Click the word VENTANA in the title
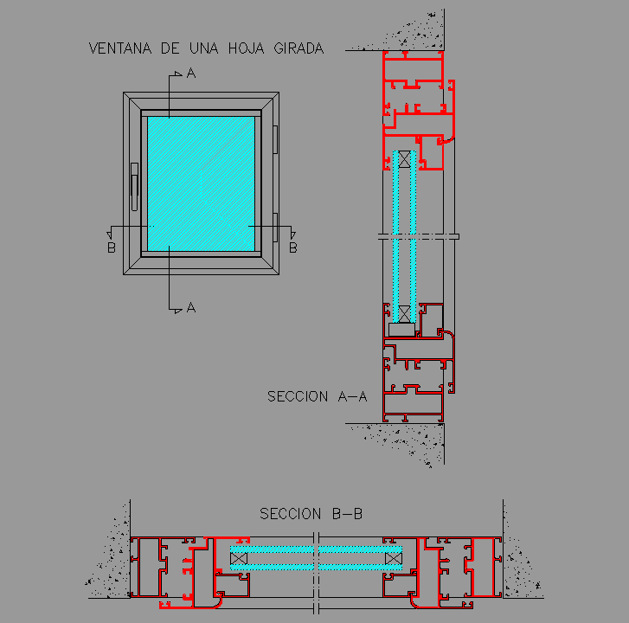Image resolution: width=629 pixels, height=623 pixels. point(120,48)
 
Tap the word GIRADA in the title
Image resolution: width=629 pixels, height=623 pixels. point(298,48)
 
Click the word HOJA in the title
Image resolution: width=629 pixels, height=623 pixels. point(247,48)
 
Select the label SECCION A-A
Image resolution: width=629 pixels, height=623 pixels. point(317,396)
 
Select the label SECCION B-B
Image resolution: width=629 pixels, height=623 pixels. point(311,513)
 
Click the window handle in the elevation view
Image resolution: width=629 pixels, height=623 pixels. point(134,187)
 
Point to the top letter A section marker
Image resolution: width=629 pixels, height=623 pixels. point(191,73)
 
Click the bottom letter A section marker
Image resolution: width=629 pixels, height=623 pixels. point(191,308)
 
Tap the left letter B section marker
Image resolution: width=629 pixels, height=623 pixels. point(112,247)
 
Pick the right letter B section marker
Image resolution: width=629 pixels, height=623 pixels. point(293,247)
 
